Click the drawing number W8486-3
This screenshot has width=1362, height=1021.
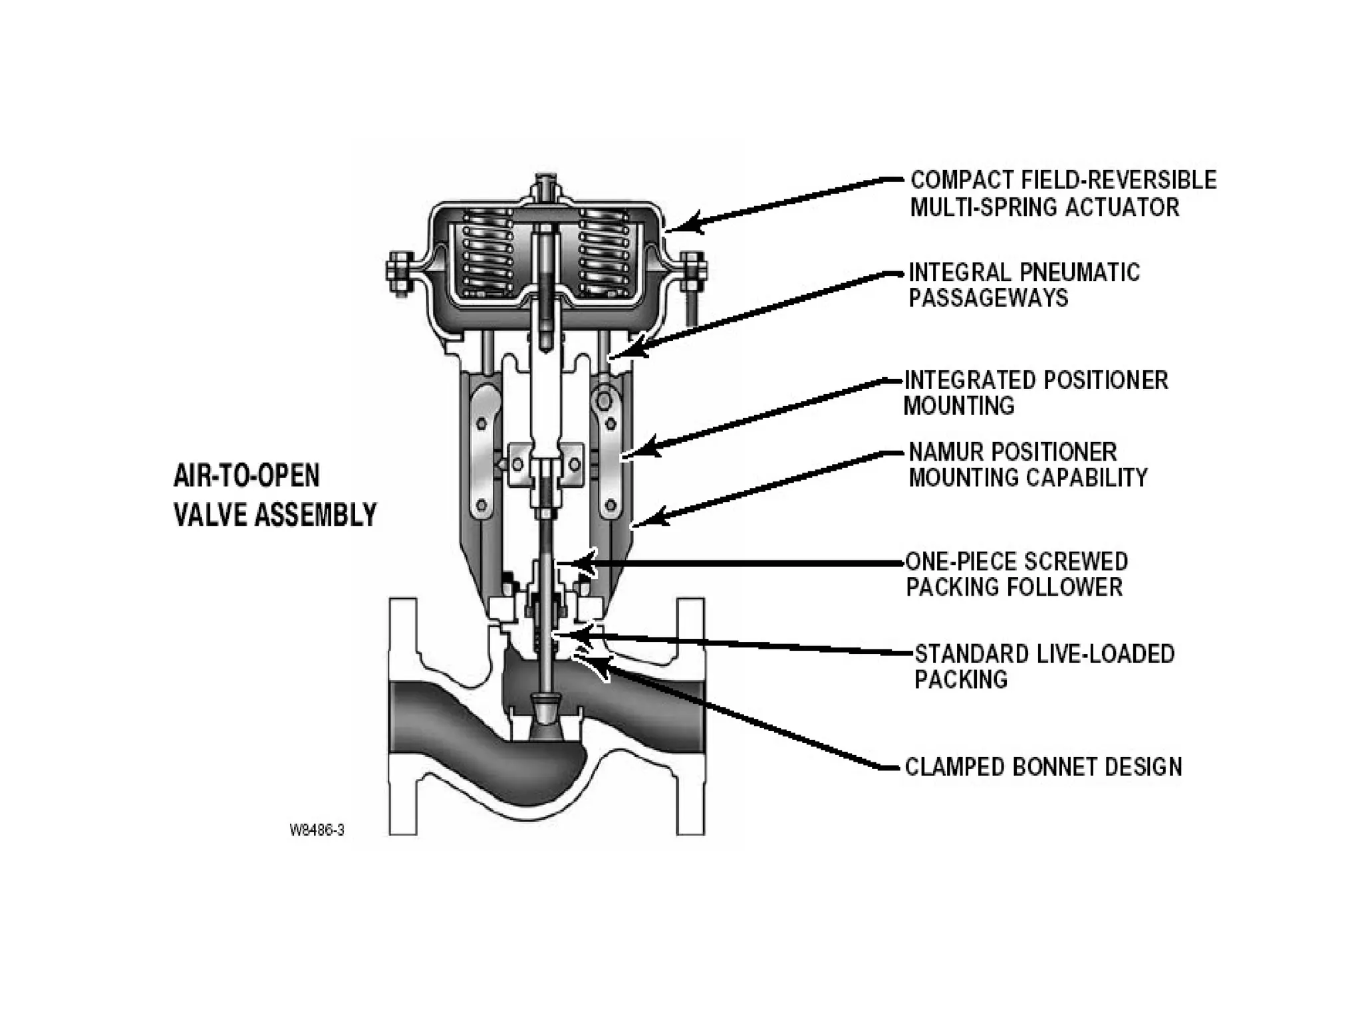pyautogui.click(x=317, y=830)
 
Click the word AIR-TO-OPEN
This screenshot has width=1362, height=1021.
pyautogui.click(x=246, y=476)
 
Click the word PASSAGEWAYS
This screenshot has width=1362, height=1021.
pyautogui.click(x=988, y=298)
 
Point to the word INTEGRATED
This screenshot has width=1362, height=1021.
pyautogui.click(x=968, y=380)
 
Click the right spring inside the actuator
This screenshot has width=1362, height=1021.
pyautogui.click(x=603, y=253)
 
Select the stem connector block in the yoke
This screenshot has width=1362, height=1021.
pyautogui.click(x=545, y=465)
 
